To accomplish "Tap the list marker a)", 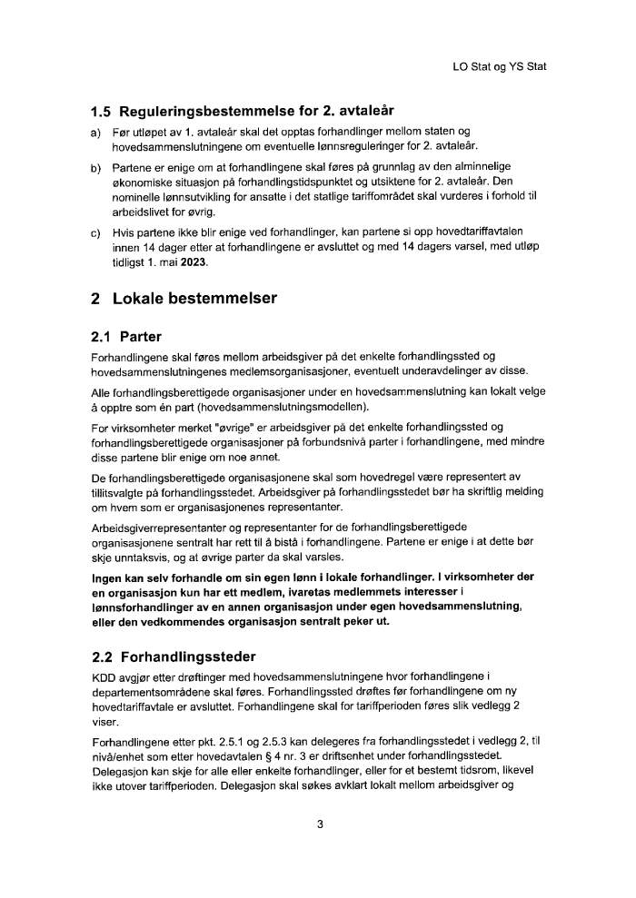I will tap(95, 133).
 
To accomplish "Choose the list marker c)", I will tap(95, 232).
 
